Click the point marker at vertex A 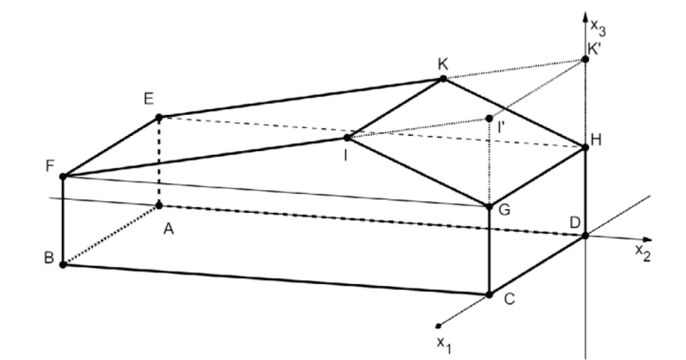(159, 205)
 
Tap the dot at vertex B (63, 265)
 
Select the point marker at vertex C (489, 294)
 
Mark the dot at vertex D (585, 235)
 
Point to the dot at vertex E (159, 117)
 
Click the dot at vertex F (63, 176)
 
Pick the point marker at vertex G (489, 205)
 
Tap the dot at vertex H (585, 146)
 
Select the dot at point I (347, 138)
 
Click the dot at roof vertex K (444, 79)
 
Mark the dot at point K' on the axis (585, 58)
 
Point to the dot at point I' (489, 117)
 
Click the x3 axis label (599, 26)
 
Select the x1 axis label (444, 342)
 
